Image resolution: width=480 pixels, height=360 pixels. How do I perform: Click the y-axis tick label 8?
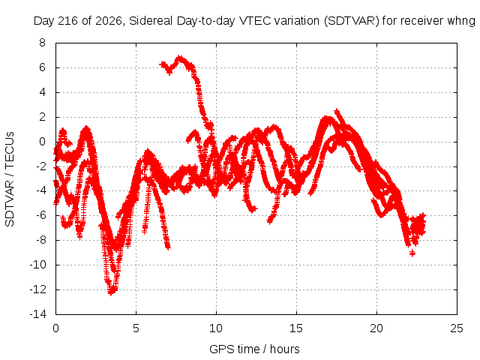[x=42, y=43]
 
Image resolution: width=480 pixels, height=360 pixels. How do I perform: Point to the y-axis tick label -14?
[x=38, y=314]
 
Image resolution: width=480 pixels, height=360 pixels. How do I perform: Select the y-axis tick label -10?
[x=38, y=265]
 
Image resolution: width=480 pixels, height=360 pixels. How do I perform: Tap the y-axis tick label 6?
[x=42, y=67]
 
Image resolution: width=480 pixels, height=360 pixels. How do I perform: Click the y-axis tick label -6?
[x=40, y=215]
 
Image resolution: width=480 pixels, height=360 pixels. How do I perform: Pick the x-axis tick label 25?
[x=457, y=328]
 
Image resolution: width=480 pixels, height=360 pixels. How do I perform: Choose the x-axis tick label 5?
[x=136, y=328]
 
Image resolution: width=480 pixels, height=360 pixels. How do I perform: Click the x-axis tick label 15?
[x=296, y=328]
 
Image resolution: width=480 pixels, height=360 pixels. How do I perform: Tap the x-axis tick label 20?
[x=376, y=328]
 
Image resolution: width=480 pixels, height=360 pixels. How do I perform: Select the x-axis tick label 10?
[x=216, y=328]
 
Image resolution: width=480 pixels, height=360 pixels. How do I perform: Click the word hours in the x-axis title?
[x=285, y=349]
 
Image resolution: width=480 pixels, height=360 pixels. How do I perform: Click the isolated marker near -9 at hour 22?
[x=412, y=253]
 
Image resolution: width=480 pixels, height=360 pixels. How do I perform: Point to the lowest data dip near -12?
[x=111, y=291]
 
